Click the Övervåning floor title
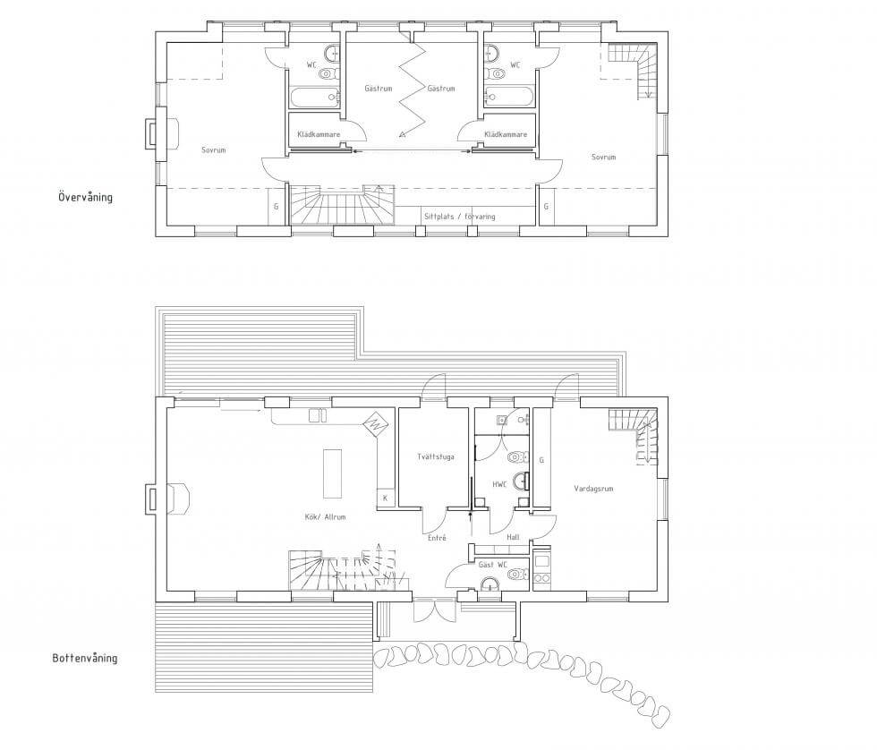[x=85, y=197]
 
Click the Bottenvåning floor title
[x=85, y=658]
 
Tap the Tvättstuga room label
[x=436, y=456]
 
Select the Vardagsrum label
[x=593, y=489]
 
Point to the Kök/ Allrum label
[x=325, y=516]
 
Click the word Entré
[x=437, y=538]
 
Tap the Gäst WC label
[x=492, y=565]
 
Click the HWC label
[x=499, y=484]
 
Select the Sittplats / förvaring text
[x=459, y=216]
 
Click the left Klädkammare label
[x=319, y=134]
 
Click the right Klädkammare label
[x=506, y=134]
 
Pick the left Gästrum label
[x=378, y=89]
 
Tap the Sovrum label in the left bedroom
[x=213, y=149]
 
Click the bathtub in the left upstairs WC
[x=315, y=98]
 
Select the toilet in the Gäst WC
[x=518, y=574]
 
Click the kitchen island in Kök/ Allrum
[x=332, y=473]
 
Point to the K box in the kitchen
[x=386, y=498]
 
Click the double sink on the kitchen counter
[x=318, y=415]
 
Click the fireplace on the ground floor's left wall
[x=169, y=499]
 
